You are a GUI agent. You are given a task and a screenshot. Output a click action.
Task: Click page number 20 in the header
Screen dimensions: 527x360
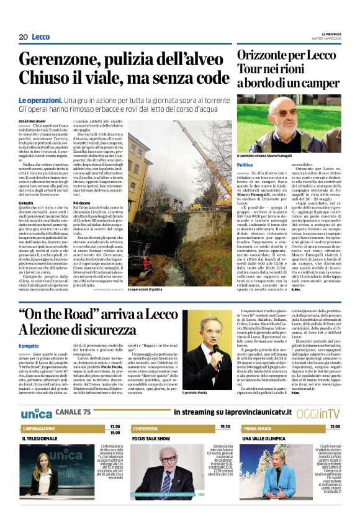23,37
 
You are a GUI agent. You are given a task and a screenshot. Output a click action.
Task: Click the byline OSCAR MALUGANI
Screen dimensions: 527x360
33,120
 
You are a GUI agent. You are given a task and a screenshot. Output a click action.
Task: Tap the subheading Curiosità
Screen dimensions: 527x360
26,202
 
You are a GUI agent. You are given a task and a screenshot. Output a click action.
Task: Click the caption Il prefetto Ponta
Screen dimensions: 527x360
196,393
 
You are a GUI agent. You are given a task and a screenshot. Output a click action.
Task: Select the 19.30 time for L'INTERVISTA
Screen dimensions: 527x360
224,427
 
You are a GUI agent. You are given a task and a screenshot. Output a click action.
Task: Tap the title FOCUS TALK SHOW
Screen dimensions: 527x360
151,438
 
